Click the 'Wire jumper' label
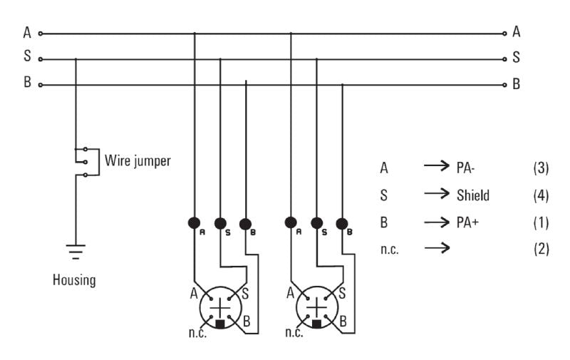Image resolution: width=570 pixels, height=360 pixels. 138,160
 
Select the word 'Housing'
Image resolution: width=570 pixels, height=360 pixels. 74,279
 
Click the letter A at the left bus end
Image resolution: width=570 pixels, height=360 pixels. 27,32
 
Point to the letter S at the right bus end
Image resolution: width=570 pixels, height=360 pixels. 516,58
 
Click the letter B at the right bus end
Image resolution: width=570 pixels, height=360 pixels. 516,83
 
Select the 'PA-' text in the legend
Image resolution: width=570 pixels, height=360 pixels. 469,168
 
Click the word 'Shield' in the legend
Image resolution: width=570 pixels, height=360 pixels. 473,195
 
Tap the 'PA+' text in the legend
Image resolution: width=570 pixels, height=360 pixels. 469,222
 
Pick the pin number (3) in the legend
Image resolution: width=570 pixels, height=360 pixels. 541,168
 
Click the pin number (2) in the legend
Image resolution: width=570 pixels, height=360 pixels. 541,249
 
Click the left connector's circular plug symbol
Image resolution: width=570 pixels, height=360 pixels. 221,307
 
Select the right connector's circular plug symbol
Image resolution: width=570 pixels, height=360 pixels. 316,307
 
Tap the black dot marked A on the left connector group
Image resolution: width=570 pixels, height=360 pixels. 195,222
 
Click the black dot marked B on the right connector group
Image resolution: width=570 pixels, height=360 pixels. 342,223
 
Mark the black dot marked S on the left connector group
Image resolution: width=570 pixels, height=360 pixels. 220,223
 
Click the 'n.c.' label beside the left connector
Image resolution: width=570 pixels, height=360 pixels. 197,333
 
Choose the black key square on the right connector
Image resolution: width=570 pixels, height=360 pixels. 316,324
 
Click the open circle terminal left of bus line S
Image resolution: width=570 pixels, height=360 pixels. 41,59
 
